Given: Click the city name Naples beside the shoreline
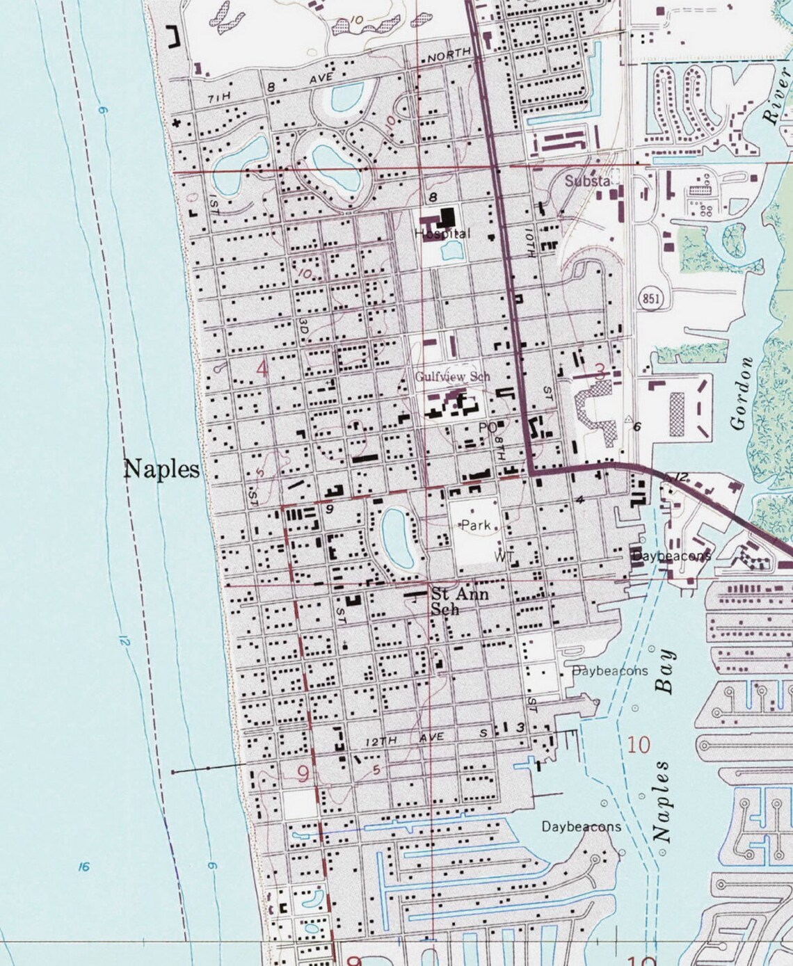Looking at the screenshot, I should (161, 469).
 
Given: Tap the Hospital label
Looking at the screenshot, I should (442, 234).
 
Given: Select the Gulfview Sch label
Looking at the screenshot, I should (452, 376).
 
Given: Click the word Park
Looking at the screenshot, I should (476, 526).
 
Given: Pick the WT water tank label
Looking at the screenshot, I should (504, 556).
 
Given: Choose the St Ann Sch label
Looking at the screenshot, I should (459, 601).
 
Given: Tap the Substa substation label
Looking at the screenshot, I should (587, 181).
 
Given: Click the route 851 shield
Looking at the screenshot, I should (649, 299).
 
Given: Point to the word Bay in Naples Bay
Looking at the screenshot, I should (666, 672).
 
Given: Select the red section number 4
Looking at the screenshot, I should (262, 369).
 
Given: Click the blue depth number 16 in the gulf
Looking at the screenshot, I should (84, 867).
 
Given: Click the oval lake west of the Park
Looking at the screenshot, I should (398, 537).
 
